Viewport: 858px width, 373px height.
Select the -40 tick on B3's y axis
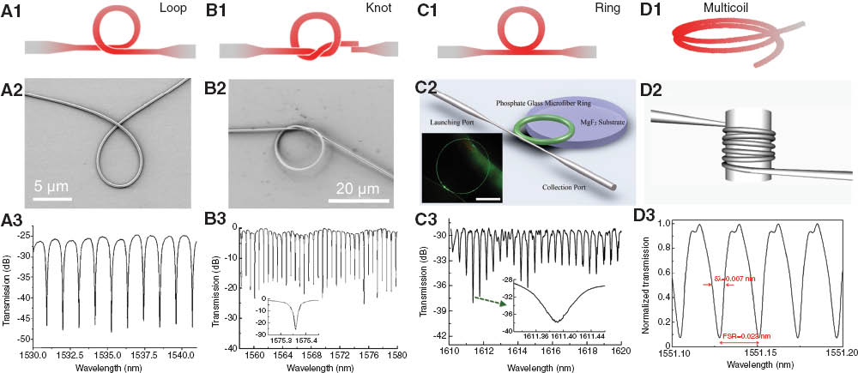pyautogui.click(x=227, y=347)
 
